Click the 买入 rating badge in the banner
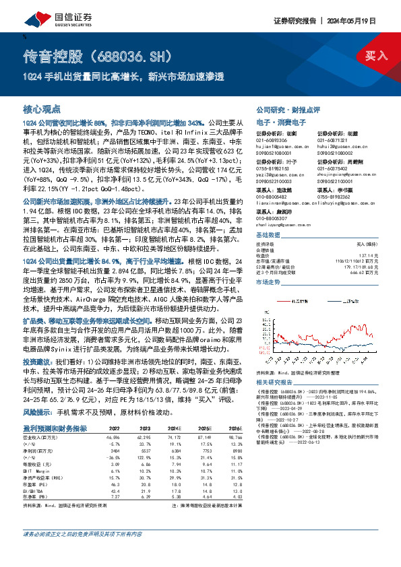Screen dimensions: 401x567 [375, 56]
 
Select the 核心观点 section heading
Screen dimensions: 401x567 [42, 108]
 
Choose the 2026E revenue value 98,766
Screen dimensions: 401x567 [232, 437]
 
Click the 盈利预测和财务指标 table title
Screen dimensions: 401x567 [55, 428]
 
